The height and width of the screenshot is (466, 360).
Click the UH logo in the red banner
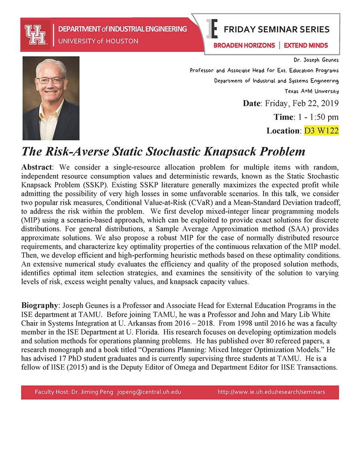pyautogui.click(x=35, y=34)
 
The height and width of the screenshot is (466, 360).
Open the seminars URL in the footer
pyautogui.click(x=271, y=392)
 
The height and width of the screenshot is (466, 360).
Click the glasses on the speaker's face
pyautogui.click(x=51, y=80)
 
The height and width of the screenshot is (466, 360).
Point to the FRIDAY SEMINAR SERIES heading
pyautogui.click(x=276, y=30)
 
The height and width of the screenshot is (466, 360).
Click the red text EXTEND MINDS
pyautogui.click(x=305, y=45)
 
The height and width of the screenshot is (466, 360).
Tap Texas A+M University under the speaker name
pyautogui.click(x=312, y=91)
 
